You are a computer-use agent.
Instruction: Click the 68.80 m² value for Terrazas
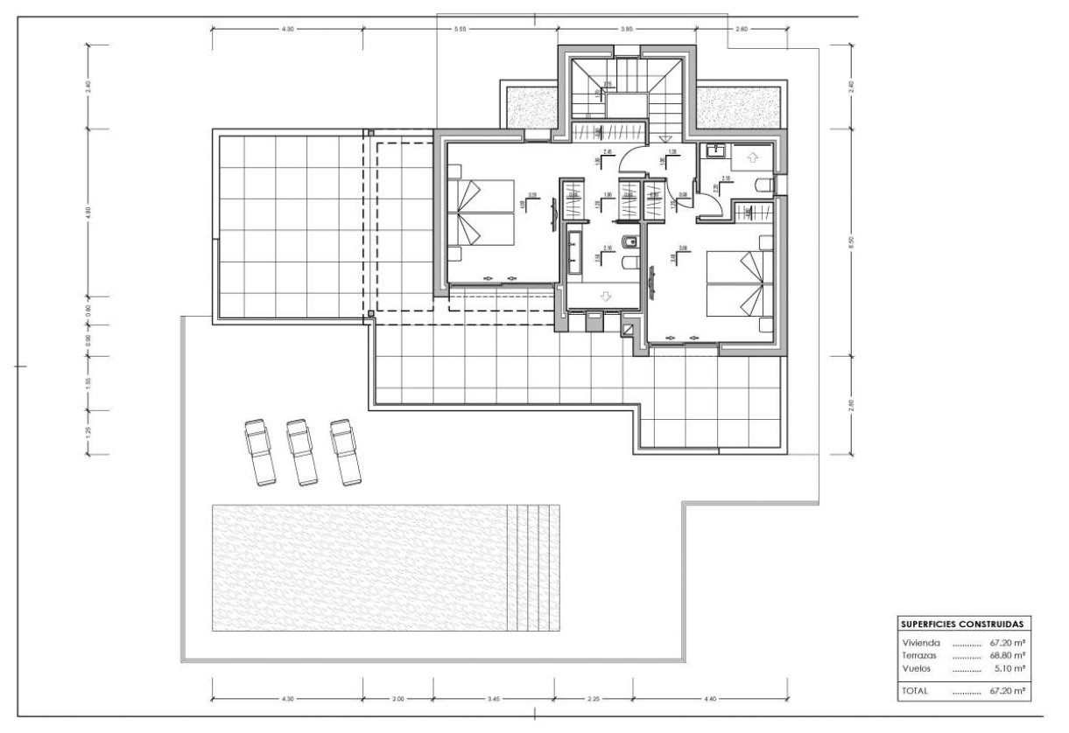pyautogui.click(x=1007, y=654)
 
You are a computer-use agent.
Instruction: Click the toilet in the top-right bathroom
pyautogui.click(x=763, y=183)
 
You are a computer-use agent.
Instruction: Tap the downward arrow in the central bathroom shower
pyautogui.click(x=603, y=297)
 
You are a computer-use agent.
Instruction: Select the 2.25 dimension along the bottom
pyautogui.click(x=593, y=699)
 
